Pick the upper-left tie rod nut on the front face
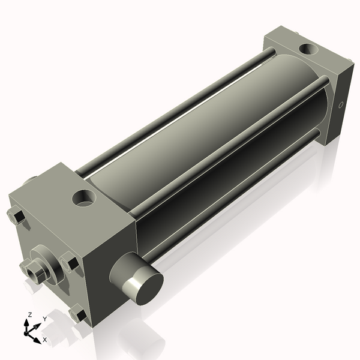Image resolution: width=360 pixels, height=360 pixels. click(x=16, y=217)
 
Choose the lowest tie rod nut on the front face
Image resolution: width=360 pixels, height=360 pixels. click(x=78, y=313)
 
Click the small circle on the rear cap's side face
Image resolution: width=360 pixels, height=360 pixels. click(x=341, y=104)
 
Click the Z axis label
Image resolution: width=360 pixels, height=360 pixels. click(x=29, y=314)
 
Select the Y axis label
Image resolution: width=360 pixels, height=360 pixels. click(x=44, y=319)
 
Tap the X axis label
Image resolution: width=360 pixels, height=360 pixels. click(x=45, y=340)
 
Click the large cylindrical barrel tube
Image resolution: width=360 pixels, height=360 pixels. click(x=198, y=138)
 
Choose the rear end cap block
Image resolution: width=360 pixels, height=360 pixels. click(x=312, y=84)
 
